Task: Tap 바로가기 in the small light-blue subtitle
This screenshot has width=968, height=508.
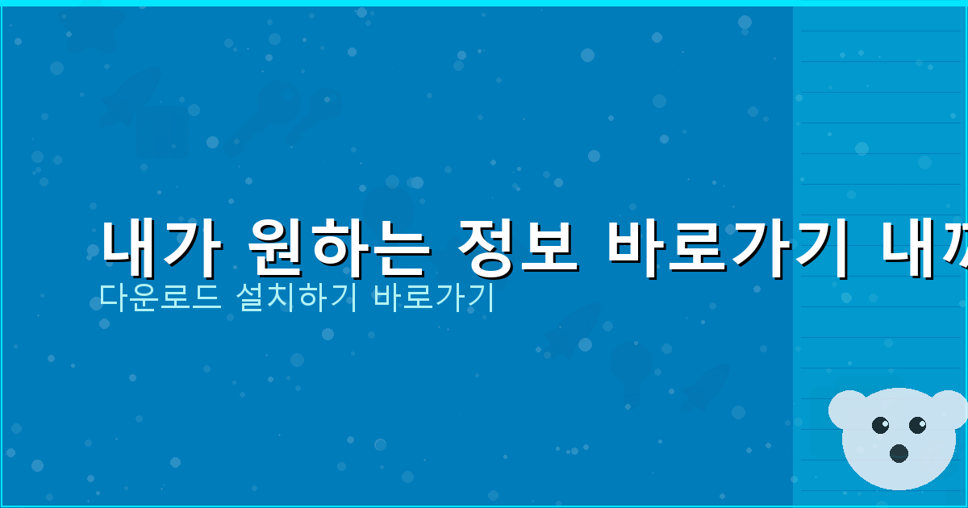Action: pyautogui.click(x=434, y=298)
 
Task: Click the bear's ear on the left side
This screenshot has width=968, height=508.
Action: pyautogui.click(x=846, y=408)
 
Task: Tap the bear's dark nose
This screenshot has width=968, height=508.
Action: pyautogui.click(x=899, y=452)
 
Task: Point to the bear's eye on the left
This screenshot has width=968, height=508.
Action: pyautogui.click(x=880, y=424)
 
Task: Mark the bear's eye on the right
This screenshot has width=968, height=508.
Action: pyautogui.click(x=917, y=424)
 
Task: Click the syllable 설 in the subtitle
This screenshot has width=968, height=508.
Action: pyautogui.click(x=242, y=298)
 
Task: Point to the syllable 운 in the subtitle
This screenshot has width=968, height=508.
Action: pyautogui.click(x=132, y=298)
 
